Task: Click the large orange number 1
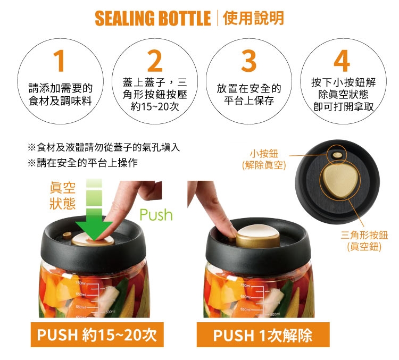click(60, 61)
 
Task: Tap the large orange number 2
click(155, 61)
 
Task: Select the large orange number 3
click(248, 61)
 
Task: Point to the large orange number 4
click(342, 61)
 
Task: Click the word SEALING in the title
click(124, 18)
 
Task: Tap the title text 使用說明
click(253, 18)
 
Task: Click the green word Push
click(156, 215)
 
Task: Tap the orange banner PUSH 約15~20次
click(97, 334)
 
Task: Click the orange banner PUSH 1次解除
click(263, 335)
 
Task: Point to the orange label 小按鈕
click(264, 154)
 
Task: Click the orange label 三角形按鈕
click(364, 235)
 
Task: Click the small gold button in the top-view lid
click(337, 155)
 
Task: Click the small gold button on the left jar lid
click(67, 236)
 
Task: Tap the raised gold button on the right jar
click(258, 237)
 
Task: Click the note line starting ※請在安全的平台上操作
click(82, 163)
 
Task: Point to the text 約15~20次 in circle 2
click(155, 106)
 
